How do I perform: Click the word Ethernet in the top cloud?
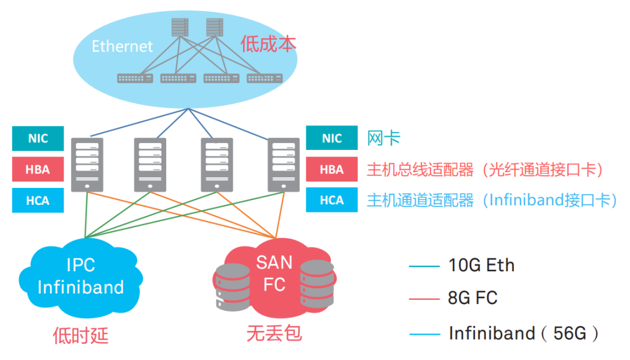coord(122,46)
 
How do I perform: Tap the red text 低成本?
coord(268,44)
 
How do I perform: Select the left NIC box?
coord(38,139)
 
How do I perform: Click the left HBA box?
coord(38,170)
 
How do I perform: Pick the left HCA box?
coord(38,201)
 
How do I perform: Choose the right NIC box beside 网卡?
coord(332,139)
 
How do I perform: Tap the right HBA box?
coord(332,170)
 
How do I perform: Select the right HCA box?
coord(332,201)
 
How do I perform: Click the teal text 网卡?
coord(383,138)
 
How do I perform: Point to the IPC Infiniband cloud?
coord(80,276)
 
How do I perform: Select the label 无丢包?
coord(274,334)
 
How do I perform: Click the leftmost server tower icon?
coord(87,165)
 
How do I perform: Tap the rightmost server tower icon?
coord(283,165)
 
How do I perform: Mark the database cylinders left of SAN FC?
coord(233,286)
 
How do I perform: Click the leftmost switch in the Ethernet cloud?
coord(135,78)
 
